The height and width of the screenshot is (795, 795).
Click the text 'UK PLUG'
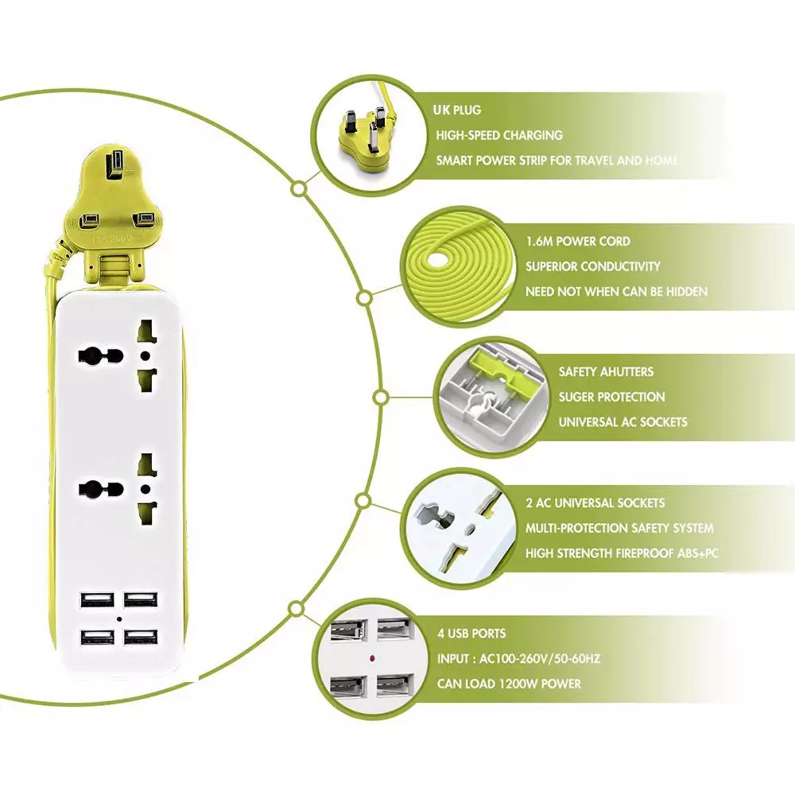(459, 110)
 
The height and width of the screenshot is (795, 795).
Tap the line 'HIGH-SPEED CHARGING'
(498, 135)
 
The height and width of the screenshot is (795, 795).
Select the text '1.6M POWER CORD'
(578, 241)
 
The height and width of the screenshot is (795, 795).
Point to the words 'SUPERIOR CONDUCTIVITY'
(593, 266)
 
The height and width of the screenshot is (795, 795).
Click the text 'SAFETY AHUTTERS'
(606, 371)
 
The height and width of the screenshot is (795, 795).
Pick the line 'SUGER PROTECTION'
(611, 397)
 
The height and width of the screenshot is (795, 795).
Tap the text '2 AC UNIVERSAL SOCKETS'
(595, 502)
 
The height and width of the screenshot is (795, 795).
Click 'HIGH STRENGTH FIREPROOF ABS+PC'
(622, 553)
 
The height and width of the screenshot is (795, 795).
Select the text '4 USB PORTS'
(471, 634)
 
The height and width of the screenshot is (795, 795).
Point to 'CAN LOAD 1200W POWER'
(509, 684)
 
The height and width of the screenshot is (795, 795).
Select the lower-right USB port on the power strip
(138, 638)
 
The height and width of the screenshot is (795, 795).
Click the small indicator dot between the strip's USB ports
(117, 619)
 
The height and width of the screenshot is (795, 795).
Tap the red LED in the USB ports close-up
(371, 659)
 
